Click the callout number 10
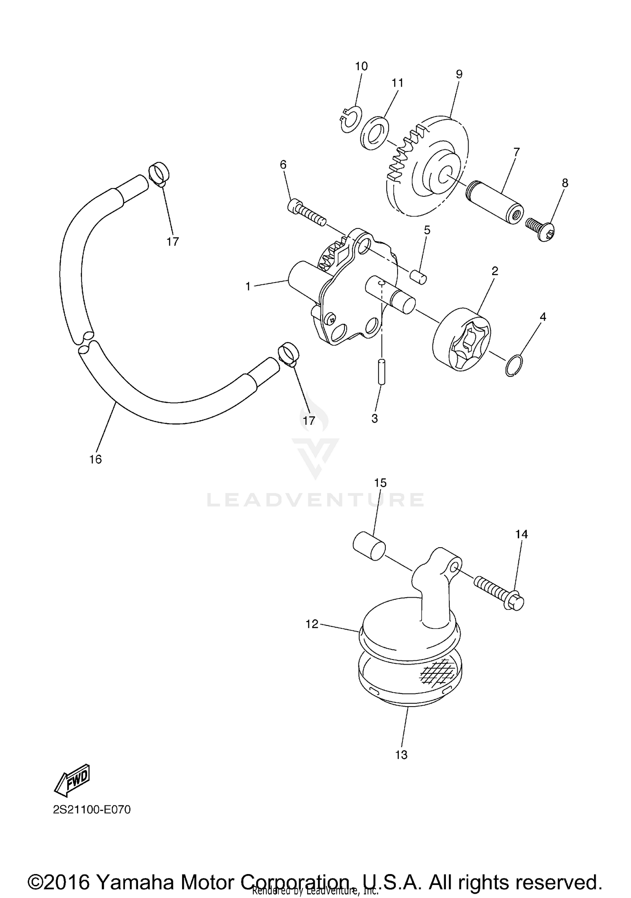361,66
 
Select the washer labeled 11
375,133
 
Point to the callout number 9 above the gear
459,74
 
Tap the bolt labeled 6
306,213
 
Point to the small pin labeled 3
382,371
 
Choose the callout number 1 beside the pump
248,286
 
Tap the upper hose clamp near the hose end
159,173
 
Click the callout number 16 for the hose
95,459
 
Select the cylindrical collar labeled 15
369,546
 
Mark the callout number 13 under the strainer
401,755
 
